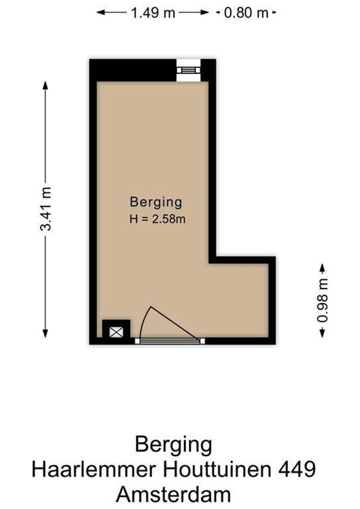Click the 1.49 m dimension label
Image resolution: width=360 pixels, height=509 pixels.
click(153, 13)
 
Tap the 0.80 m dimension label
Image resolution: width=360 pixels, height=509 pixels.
click(245, 13)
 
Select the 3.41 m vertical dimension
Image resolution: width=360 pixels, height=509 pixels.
click(46, 209)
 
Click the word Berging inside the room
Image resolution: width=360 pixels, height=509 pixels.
click(156, 202)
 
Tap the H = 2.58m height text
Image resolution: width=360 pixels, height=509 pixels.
click(156, 219)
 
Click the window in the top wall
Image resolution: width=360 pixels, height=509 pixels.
click(188, 70)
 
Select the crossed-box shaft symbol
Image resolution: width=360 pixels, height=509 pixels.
click(116, 331)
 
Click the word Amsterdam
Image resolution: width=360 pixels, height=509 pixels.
click(174, 495)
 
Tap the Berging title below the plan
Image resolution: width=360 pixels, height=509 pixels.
click(173, 444)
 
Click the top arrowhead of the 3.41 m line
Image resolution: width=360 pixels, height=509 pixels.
click(46, 85)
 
